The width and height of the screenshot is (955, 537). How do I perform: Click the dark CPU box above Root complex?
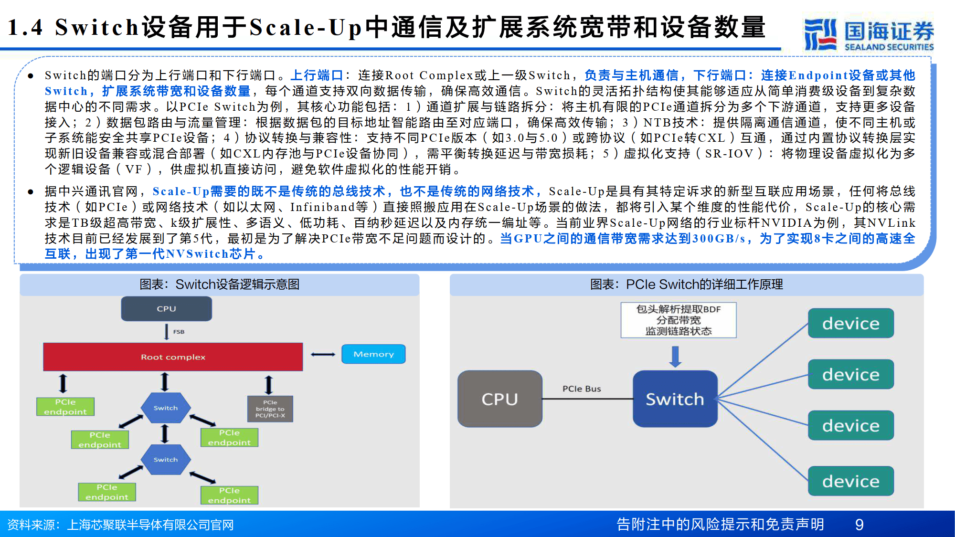coord(166,309)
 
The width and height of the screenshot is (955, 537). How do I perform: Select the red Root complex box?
coord(173,357)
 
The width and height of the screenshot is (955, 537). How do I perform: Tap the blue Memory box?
coord(373,354)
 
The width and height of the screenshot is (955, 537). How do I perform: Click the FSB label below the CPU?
coord(179,332)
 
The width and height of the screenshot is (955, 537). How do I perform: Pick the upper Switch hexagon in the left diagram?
coord(166,408)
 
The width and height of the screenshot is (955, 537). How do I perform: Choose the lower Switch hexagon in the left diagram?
coord(166,459)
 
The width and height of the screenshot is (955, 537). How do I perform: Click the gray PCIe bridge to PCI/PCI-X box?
coord(270,409)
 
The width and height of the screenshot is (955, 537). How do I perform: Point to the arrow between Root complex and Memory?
coord(323,354)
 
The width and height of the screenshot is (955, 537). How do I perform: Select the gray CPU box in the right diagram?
coord(499,399)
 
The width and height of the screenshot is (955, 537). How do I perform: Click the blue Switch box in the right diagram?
coord(675,399)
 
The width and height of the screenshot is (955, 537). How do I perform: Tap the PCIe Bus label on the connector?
coord(581,389)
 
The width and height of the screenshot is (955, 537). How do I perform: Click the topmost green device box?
coord(850,323)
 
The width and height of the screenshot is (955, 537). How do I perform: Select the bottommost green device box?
coord(850,481)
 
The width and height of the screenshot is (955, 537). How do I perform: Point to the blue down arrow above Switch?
coord(675,356)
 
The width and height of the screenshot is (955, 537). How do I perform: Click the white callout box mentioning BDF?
coord(678,320)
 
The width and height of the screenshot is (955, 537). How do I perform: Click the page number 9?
coord(859,525)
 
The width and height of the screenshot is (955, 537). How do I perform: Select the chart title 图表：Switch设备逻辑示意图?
coord(220,284)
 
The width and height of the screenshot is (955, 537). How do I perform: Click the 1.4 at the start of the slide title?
coord(25,27)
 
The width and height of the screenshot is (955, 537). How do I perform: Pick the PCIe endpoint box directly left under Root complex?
coord(65,407)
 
